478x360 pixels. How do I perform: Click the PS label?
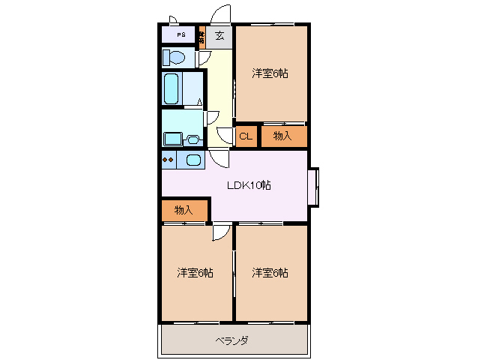coord(181,35)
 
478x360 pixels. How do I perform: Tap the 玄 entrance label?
coord(220,35)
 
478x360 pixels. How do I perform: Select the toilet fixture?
coord(175,58)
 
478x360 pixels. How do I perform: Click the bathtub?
coord(173,90)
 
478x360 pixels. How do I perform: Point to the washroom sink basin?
coord(193,139)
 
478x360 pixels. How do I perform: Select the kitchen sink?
coord(193,160)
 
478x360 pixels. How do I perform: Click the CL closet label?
coord(245,136)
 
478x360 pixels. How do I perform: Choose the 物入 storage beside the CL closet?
coord(282,136)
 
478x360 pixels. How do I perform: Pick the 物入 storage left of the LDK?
coord(184,210)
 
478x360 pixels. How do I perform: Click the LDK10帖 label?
coord(249,185)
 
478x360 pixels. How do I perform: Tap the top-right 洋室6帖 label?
coord(270,73)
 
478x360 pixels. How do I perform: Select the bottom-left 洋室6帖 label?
coord(196,272)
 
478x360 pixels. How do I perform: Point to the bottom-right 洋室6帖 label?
coord(270,272)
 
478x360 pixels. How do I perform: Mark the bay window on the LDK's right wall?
coord(315,185)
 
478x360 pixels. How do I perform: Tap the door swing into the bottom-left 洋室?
coord(220,232)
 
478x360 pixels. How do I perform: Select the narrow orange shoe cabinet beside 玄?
coord(202,35)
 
